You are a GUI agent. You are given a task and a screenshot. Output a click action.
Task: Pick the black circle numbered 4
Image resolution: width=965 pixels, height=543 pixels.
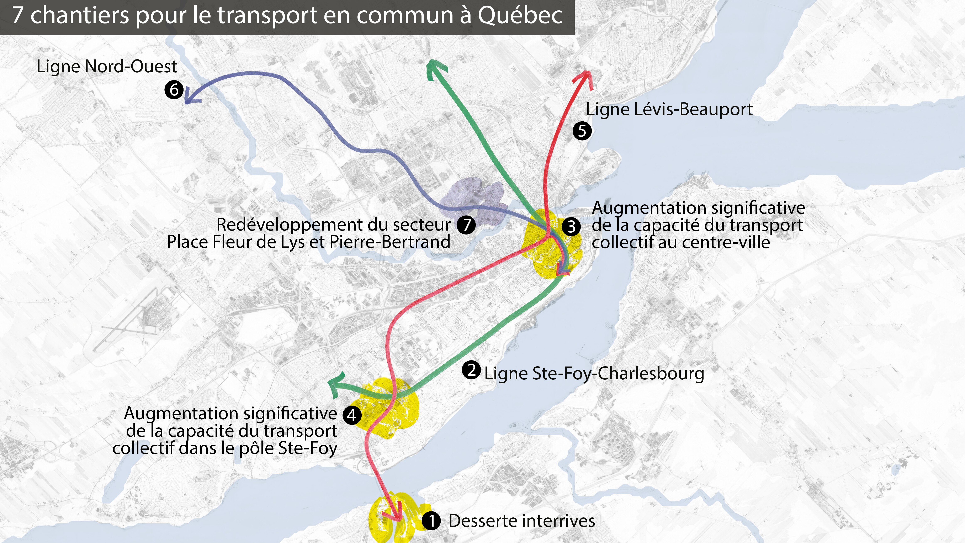[x=352, y=415]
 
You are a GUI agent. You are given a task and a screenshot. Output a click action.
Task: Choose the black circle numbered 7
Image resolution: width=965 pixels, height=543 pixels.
[x=466, y=225]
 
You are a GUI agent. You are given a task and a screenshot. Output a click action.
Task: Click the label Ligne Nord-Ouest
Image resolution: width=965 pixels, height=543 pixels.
[x=107, y=67]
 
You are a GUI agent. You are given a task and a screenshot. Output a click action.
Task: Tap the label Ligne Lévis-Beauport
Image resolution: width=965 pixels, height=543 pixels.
[x=669, y=109]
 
